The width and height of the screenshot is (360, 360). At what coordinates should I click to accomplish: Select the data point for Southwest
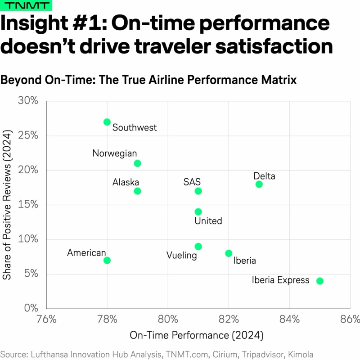point(107,122)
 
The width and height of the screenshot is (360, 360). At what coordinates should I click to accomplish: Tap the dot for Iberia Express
point(320,281)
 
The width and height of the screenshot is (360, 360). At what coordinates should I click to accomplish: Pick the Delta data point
point(259,184)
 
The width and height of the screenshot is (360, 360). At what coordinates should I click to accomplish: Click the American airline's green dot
point(107,260)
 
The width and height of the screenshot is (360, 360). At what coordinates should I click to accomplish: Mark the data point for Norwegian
point(138,163)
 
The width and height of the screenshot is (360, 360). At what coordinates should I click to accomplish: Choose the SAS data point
point(198,191)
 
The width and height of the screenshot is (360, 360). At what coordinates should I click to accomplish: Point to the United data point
point(198,211)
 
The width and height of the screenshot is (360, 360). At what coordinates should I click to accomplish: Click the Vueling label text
point(182,256)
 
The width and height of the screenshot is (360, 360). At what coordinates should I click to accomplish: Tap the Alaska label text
point(126,182)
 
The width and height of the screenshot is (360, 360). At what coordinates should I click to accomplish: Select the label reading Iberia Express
point(281,280)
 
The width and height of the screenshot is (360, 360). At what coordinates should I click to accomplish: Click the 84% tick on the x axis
point(289,320)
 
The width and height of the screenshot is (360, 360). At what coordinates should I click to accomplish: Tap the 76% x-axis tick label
point(46,320)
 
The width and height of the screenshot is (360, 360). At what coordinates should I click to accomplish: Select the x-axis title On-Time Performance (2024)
point(196,335)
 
